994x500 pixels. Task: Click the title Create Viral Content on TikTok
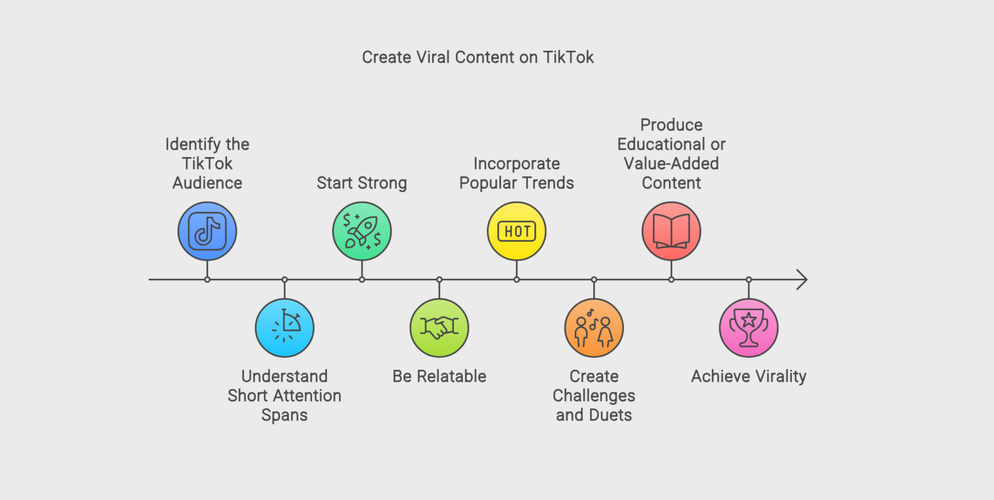tap(477, 57)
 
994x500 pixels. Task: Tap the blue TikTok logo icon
tap(207, 231)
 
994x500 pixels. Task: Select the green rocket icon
tap(362, 231)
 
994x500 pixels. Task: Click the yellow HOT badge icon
tap(517, 231)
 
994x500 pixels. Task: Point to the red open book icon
tap(671, 231)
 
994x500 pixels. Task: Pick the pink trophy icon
tap(749, 328)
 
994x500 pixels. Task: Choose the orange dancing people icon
tap(594, 328)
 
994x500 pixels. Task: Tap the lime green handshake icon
tap(440, 328)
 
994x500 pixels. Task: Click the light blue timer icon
tap(285, 328)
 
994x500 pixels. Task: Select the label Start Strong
tap(362, 183)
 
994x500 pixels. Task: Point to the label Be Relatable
tap(440, 376)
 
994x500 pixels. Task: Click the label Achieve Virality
tap(749, 376)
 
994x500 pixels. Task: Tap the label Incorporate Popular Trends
tap(517, 173)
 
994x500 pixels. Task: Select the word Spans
tap(285, 415)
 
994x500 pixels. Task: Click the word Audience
tap(207, 183)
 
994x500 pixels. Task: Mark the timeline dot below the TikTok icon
tap(207, 280)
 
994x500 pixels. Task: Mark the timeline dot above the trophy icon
tap(749, 280)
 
